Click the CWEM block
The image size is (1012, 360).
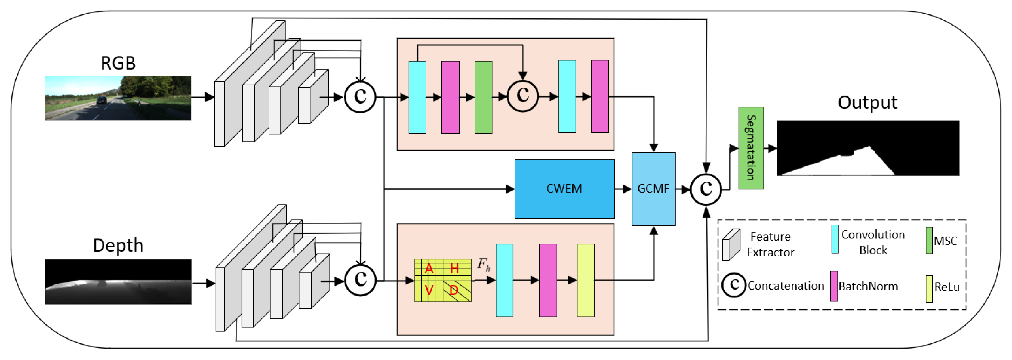[x=564, y=189]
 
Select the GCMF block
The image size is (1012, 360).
[x=653, y=189]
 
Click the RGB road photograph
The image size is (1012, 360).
[x=118, y=98]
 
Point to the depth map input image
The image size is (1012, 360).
[x=118, y=281]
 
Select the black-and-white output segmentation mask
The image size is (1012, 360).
[x=868, y=148]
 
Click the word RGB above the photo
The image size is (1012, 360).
[x=118, y=63]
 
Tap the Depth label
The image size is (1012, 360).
[x=118, y=245]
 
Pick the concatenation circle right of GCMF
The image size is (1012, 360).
[x=706, y=189]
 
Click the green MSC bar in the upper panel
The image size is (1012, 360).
[x=483, y=97]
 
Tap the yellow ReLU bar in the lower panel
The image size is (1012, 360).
[x=585, y=280]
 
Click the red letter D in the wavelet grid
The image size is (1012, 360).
[x=454, y=290]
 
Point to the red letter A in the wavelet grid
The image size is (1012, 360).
[x=429, y=269]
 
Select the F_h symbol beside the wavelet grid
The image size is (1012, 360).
[x=484, y=265]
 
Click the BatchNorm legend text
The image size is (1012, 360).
[x=868, y=286]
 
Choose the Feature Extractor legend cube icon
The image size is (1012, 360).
[x=731, y=244]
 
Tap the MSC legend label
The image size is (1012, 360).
[x=945, y=241]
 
